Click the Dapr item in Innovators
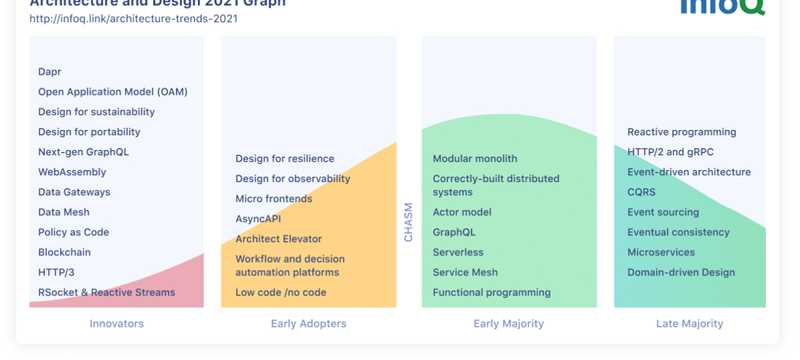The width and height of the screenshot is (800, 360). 50,72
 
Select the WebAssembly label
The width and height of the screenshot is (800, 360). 72,172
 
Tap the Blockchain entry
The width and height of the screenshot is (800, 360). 64,252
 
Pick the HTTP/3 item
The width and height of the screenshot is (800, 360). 56,272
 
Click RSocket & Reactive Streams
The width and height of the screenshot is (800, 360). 106,292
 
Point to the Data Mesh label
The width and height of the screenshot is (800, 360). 64,212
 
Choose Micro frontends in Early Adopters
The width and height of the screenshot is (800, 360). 274,199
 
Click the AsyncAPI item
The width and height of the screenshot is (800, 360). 258,219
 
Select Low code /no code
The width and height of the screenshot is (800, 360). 281,293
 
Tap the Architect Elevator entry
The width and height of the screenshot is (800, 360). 279,239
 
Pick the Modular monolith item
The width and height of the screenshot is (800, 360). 475,159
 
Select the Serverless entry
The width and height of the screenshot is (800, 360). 458,252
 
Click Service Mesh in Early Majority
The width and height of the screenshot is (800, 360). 465,272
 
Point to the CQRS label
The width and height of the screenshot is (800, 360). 642,192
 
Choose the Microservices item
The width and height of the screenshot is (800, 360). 661,252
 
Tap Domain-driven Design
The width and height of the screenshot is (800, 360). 681,272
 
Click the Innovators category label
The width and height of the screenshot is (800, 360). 117,324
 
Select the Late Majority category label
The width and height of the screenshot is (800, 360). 689,324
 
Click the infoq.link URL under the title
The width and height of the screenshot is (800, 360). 133,18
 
